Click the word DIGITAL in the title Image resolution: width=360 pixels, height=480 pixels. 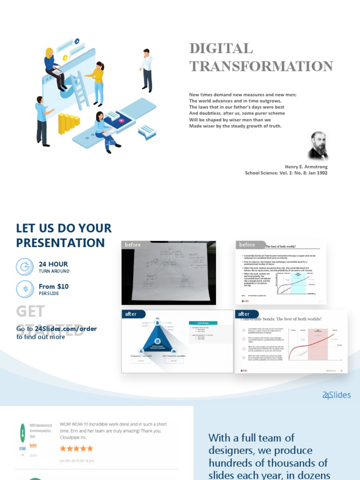click(221, 48)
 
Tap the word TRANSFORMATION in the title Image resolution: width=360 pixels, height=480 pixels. click(261, 66)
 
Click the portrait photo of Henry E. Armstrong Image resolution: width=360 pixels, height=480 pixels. click(318, 146)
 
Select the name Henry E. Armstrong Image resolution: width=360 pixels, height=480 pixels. click(306, 166)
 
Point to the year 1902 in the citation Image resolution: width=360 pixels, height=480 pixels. click(322, 173)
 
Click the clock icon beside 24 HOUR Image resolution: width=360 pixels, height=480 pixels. click(25, 267)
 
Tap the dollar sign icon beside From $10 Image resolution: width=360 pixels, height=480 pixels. click(25, 289)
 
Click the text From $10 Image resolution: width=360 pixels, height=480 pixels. click(53, 286)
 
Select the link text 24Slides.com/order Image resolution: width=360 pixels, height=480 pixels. click(66, 329)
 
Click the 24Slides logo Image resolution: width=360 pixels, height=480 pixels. click(336, 395)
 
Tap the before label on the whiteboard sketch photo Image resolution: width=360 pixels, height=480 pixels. click(133, 245)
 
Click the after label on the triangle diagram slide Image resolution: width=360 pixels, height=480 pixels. click(131, 314)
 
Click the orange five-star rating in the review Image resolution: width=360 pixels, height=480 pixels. click(76, 448)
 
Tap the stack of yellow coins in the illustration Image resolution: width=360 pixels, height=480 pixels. click(68, 123)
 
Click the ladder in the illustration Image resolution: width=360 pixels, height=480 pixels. click(80, 90)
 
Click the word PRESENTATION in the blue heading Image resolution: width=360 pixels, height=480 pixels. click(60, 243)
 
